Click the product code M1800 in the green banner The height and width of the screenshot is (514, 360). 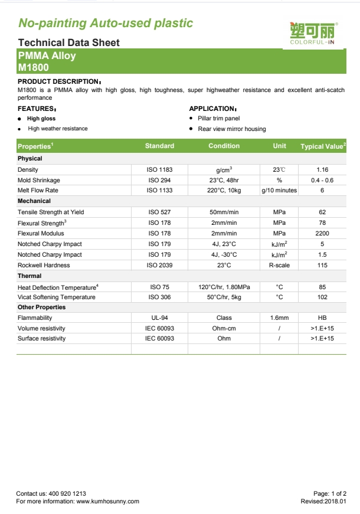[x=33, y=67]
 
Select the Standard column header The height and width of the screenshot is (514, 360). [x=159, y=146]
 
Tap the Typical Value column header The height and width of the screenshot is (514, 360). [x=323, y=146]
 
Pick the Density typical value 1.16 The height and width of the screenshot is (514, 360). [x=322, y=169]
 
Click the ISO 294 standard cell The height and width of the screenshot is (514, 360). [x=159, y=180]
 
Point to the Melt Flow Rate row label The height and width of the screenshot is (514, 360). [x=38, y=191]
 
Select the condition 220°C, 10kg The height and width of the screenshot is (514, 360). [x=224, y=191]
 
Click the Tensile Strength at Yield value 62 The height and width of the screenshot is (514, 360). [x=322, y=212]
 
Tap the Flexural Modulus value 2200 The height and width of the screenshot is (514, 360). [x=322, y=233]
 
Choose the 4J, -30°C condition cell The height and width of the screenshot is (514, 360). [x=224, y=254]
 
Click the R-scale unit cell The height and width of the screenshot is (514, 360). [x=279, y=265]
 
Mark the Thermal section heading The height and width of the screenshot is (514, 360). [x=30, y=276]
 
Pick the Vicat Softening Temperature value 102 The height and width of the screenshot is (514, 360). [x=322, y=297]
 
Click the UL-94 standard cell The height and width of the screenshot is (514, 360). [x=159, y=317]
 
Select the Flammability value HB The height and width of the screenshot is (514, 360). [x=322, y=317]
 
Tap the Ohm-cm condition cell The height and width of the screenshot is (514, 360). [x=224, y=328]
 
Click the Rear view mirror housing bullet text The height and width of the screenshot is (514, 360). [x=232, y=129]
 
